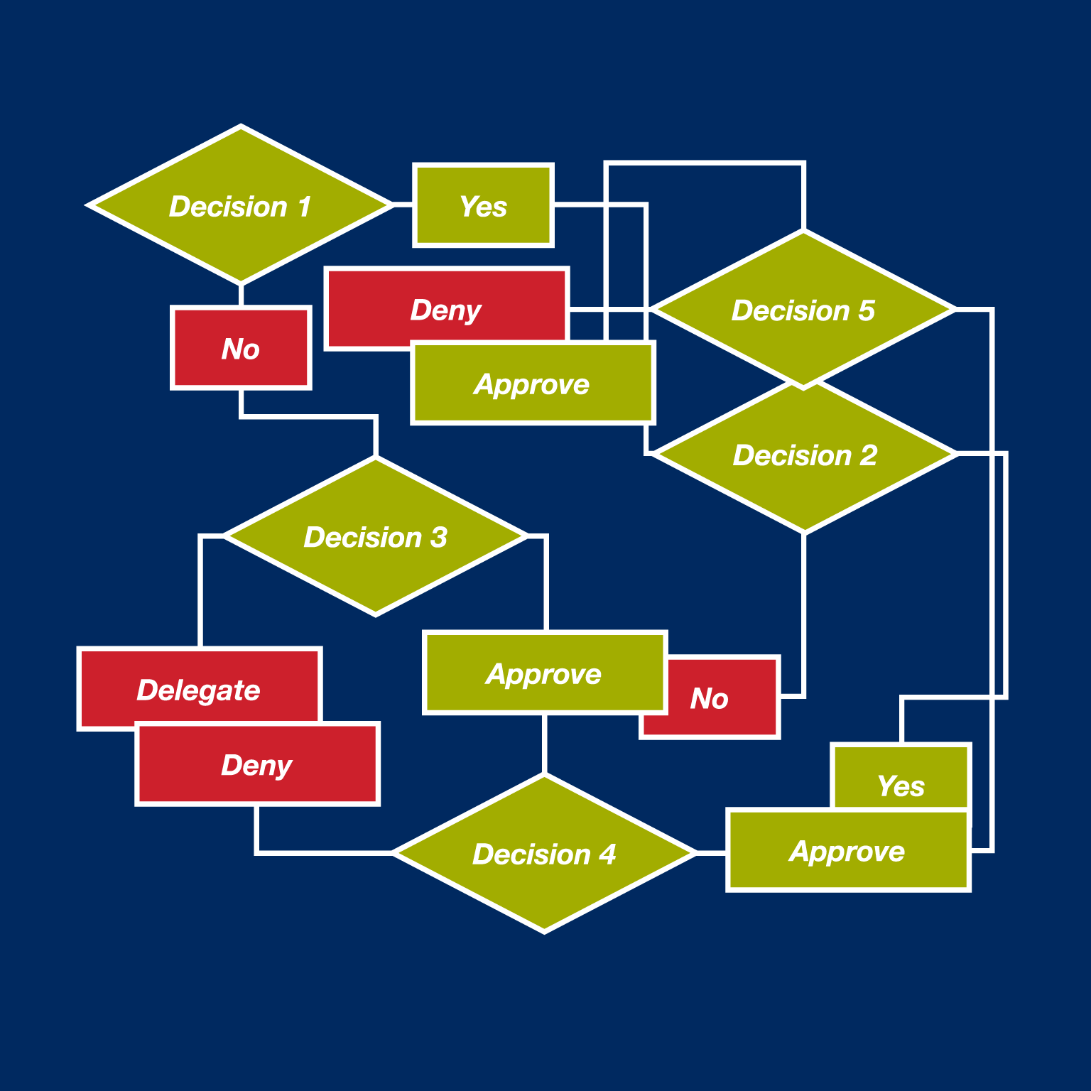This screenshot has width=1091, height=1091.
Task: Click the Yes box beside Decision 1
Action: pyautogui.click(x=483, y=206)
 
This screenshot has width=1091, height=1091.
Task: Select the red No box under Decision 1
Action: pyautogui.click(x=241, y=348)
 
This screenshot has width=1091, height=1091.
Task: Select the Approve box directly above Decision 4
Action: pyautogui.click(x=544, y=673)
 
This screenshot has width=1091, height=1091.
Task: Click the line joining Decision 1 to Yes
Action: pyautogui.click(x=403, y=205)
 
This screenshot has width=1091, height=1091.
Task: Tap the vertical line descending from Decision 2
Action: pyautogui.click(x=804, y=611)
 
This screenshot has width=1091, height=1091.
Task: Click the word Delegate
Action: pyautogui.click(x=198, y=690)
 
